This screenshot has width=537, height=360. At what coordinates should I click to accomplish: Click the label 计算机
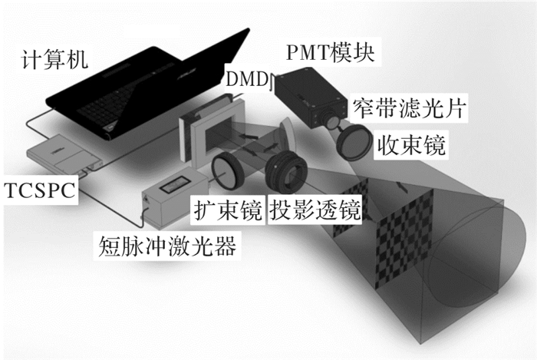tap(54, 59)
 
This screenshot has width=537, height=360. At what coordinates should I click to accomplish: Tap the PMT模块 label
tap(330, 52)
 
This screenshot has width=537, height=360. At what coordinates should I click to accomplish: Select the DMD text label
tap(247, 79)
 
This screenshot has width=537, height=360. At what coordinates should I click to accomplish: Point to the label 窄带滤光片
tap(409, 108)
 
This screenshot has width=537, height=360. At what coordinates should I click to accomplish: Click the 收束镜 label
tap(411, 145)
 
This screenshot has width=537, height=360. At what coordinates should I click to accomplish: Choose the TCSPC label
tap(40, 190)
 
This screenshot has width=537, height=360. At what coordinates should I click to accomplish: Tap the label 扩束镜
tap(228, 210)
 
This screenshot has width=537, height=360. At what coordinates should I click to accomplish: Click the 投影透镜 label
tap(315, 210)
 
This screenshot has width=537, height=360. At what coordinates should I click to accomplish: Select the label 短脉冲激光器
tap(167, 246)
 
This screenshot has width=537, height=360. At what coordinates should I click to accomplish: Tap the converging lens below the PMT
tap(354, 141)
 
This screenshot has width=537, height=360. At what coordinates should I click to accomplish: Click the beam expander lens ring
tap(227, 170)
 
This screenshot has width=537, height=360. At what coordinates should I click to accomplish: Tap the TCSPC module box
tap(64, 155)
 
